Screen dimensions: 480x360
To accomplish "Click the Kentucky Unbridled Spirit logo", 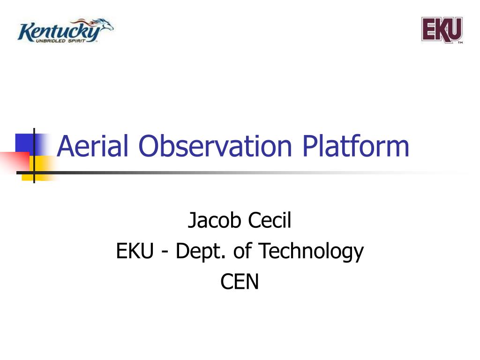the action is click(x=66, y=30).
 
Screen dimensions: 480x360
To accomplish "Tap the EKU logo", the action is click(x=442, y=30).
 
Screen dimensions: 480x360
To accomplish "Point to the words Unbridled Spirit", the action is click(x=60, y=41).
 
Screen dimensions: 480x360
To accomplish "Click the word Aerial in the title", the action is click(x=92, y=146).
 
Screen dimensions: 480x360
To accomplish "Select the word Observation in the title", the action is click(x=215, y=146).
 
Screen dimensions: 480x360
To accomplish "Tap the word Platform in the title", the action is click(x=356, y=146).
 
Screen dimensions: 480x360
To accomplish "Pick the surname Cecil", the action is click(x=270, y=220).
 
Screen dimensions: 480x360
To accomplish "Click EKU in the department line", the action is click(x=135, y=251).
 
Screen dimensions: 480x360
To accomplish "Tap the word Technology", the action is click(x=311, y=252).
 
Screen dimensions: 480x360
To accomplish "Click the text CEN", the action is click(x=240, y=282).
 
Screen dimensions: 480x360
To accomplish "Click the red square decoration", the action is click(x=15, y=161).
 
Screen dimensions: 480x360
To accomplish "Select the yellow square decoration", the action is click(x=40, y=168).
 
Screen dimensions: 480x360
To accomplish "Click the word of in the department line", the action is click(x=242, y=251).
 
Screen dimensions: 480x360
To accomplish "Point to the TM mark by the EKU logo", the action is click(x=460, y=43).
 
